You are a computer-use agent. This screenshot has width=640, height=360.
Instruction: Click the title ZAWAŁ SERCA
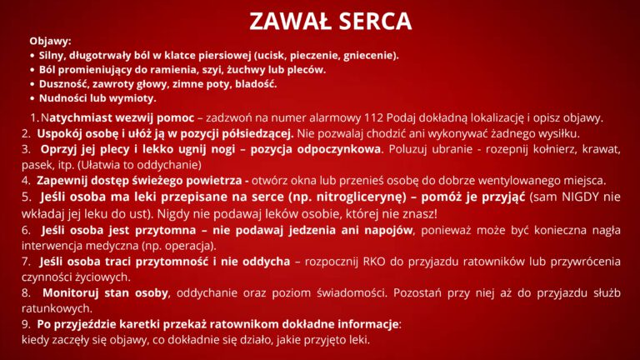click(331, 20)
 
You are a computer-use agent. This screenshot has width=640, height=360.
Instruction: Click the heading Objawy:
click(50, 41)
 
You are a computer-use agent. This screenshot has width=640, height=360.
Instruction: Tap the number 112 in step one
click(373, 118)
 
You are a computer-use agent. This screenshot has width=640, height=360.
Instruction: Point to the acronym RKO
click(374, 261)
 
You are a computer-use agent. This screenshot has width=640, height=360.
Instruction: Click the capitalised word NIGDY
click(580, 197)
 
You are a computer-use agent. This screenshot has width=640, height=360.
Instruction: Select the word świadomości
click(352, 292)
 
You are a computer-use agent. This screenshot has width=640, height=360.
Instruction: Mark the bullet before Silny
click(32, 56)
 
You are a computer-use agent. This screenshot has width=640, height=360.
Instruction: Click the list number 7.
click(26, 261)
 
